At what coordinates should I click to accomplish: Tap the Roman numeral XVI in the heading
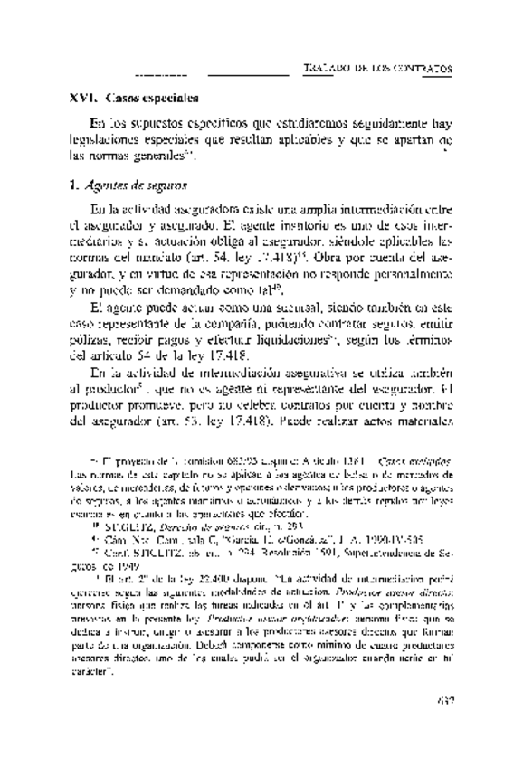pos(83,97)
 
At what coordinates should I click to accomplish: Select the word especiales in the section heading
pos(169,97)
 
